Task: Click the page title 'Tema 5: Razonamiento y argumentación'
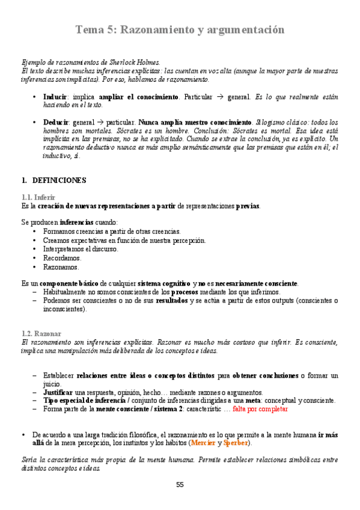coord(180,29)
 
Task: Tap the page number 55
coord(180,485)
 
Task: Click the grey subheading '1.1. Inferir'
coord(38,197)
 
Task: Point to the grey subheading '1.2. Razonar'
coord(41,334)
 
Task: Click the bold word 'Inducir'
coord(55,97)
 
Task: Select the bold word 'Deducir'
coord(56,122)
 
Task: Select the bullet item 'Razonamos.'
coord(61,267)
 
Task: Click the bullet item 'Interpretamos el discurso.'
coord(81,249)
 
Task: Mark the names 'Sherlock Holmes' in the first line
coord(135,62)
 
